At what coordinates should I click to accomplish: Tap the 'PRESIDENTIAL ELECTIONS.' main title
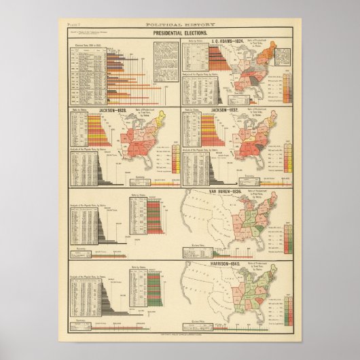click(x=179, y=32)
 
